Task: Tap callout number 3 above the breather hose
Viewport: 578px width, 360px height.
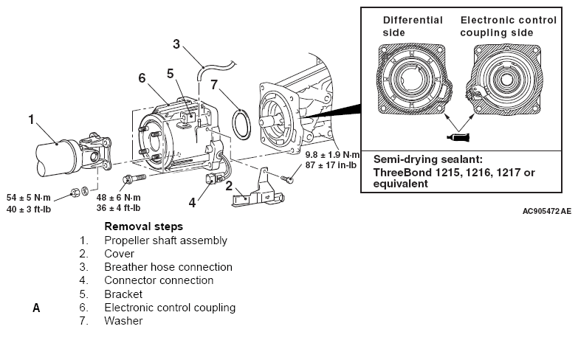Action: [x=176, y=44]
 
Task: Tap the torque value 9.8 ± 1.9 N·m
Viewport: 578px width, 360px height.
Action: [x=332, y=155]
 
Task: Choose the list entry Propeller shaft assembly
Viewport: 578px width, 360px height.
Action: [x=165, y=240]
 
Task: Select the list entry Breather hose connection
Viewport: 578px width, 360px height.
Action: [x=168, y=266]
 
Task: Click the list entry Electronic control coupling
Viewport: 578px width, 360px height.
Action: [x=170, y=307]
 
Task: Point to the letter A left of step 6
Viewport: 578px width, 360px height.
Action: [x=35, y=308]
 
